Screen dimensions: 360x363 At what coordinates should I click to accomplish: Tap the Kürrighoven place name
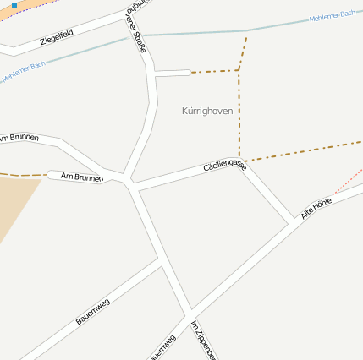tap(207, 111)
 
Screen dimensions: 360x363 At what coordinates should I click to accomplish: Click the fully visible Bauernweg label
tap(93, 312)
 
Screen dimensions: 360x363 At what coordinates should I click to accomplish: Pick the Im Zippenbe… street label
tap(204, 340)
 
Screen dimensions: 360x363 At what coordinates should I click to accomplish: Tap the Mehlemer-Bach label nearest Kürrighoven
tap(333, 17)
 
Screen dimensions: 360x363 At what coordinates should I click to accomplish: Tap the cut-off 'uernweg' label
tap(162, 347)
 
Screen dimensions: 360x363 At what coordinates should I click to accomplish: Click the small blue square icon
tap(14, 5)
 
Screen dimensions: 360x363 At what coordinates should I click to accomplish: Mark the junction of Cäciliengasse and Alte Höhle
tap(293, 224)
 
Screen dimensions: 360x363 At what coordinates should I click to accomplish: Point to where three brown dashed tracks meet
tap(239, 71)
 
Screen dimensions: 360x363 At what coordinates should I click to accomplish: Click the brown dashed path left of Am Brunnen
tap(21, 175)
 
